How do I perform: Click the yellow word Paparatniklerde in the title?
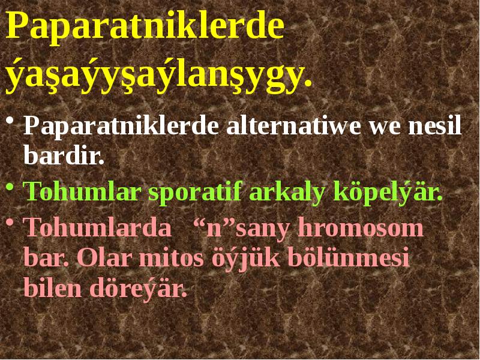click(145, 29)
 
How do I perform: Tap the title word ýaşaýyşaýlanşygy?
click(159, 74)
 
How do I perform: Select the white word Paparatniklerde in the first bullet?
click(122, 128)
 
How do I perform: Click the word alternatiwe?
click(294, 128)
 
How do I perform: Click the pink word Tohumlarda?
click(96, 229)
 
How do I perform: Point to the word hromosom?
click(361, 229)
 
